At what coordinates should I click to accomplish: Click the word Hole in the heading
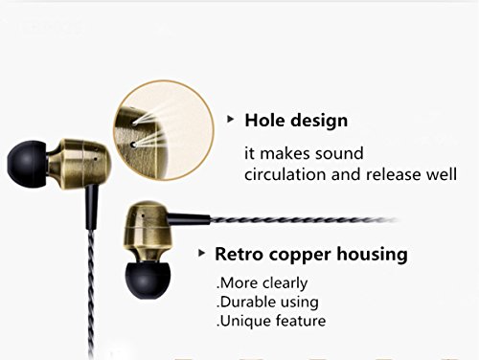coord(264,121)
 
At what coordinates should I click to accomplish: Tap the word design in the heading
coord(319,122)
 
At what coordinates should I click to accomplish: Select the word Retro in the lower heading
coord(239,254)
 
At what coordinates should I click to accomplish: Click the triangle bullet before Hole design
coord(230,120)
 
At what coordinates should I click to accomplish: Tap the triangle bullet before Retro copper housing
coord(201,253)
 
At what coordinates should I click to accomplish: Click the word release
coord(393,174)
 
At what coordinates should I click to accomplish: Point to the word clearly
coord(285,283)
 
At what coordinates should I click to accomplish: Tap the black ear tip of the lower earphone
coord(148,280)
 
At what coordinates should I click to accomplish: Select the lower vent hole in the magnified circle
coord(134,145)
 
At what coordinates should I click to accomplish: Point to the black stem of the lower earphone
coord(189,218)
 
